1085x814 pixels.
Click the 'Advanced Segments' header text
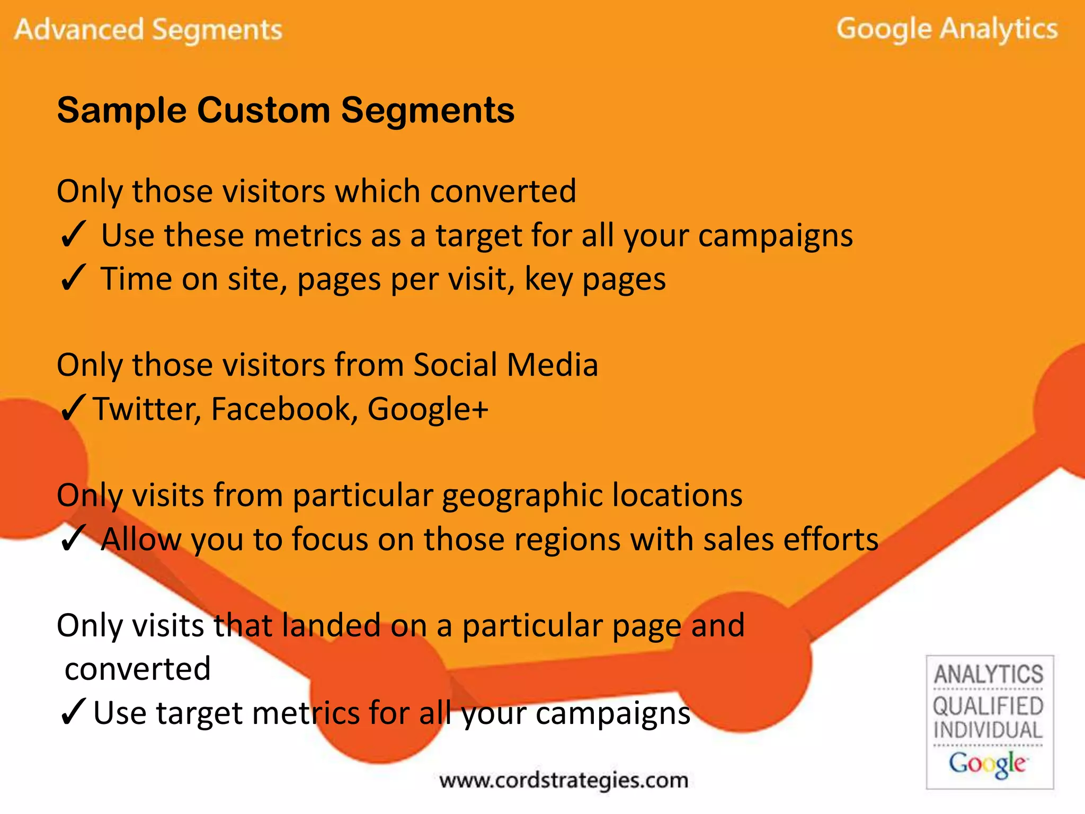point(148,30)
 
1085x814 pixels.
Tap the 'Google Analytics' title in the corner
point(947,30)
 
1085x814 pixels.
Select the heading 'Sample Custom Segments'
point(286,110)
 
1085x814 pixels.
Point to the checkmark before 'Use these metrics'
point(73,235)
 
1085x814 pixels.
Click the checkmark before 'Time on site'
point(73,279)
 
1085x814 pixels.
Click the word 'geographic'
point(521,496)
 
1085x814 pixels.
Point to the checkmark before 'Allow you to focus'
point(73,540)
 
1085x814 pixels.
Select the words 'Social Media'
point(505,365)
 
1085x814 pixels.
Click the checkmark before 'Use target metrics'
point(73,713)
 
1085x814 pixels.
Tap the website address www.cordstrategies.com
point(564,780)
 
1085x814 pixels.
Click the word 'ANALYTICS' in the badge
point(989,674)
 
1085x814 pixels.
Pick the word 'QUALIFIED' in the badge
point(989,706)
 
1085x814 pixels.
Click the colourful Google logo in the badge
point(988,764)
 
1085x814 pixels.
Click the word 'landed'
point(331,625)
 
